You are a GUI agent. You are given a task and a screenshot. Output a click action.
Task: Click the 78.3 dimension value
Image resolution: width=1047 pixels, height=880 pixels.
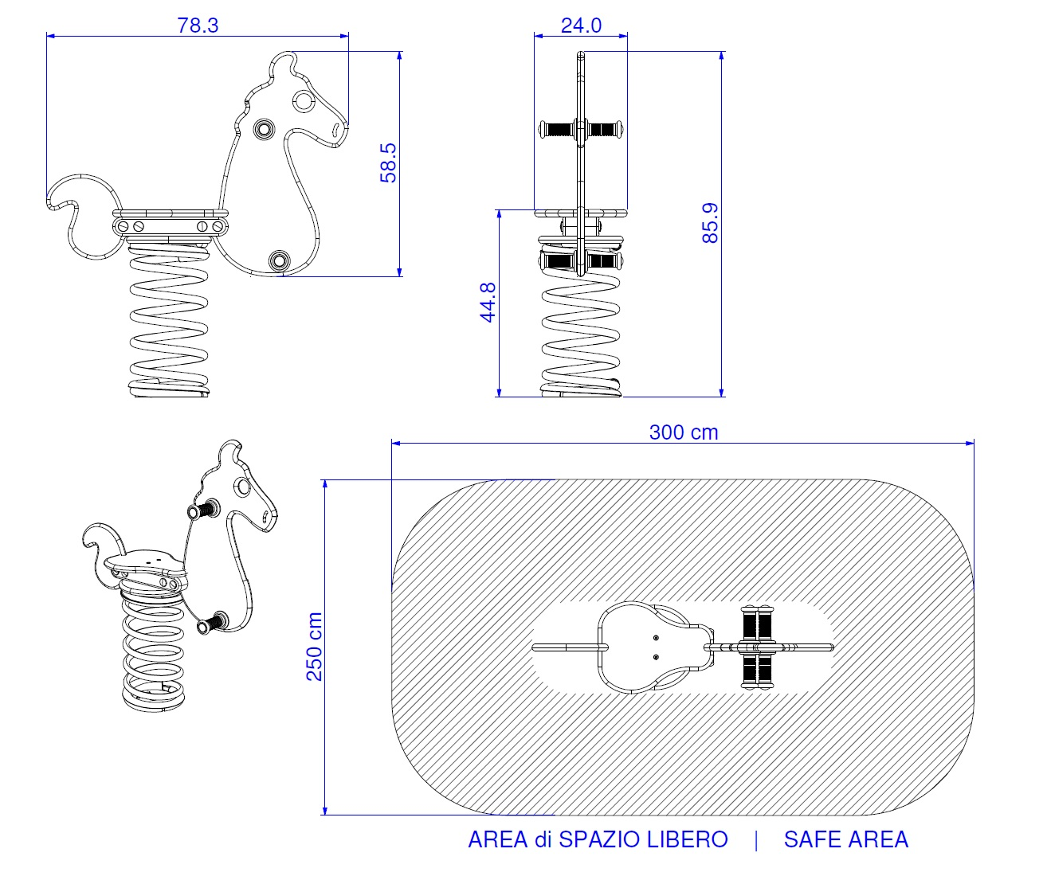tap(198, 25)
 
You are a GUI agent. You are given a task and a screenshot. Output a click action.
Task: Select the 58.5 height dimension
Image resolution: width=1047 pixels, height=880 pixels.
tap(388, 163)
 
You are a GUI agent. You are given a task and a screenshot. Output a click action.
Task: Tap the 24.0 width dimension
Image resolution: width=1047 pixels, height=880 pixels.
tap(581, 25)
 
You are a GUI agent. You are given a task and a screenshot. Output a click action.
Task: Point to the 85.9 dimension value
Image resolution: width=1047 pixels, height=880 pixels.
tap(710, 223)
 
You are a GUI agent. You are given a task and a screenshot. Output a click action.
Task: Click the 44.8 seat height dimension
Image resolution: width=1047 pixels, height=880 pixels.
tap(488, 302)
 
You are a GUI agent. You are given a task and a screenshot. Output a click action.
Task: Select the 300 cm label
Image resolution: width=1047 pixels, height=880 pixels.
tap(684, 432)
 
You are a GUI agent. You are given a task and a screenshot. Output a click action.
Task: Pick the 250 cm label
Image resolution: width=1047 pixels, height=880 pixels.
tap(315, 647)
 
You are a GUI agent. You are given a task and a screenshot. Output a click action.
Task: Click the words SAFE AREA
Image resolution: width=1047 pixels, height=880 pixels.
tap(846, 839)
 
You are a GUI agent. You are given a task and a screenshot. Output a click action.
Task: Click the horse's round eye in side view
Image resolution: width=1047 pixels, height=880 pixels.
tap(304, 100)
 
